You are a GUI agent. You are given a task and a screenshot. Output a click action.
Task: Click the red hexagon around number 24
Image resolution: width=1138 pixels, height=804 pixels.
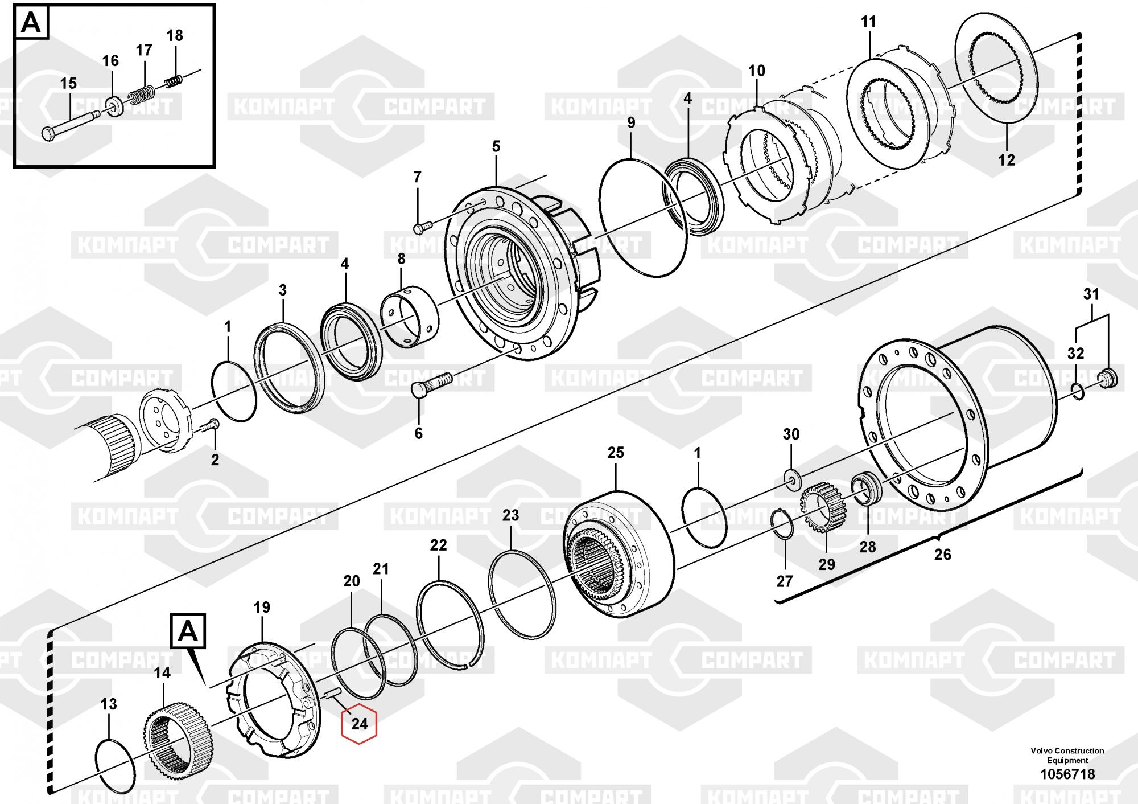click(359, 724)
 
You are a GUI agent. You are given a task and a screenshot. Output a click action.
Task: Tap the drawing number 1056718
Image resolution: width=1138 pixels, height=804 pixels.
click(1067, 774)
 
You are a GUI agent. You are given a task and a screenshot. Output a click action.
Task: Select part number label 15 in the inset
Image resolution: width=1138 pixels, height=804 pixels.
click(68, 84)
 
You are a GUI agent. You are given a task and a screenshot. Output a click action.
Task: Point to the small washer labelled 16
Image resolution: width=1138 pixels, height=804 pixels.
click(116, 106)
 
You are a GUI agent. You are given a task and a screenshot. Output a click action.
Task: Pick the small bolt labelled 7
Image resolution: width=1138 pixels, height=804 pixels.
click(422, 228)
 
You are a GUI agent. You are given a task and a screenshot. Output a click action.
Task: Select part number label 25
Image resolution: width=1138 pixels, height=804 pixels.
click(616, 453)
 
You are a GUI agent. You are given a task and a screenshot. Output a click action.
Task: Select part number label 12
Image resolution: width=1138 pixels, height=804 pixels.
click(1007, 160)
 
